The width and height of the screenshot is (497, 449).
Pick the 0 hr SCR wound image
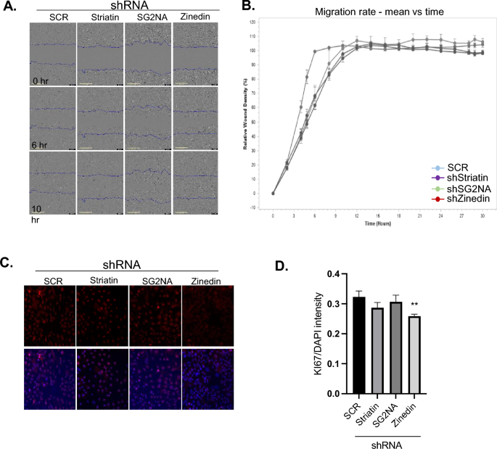coord(52,54)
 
